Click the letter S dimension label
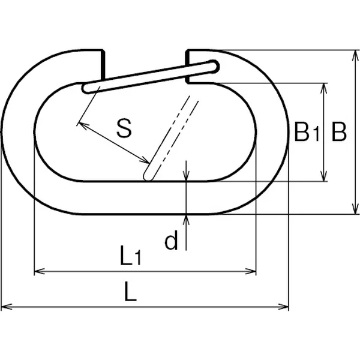point(124,128)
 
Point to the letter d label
point(171,240)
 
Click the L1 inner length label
point(130,256)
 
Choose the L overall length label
point(130,292)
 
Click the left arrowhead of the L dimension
point(6,307)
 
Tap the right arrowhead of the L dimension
point(283,307)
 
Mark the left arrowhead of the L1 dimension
point(40,271)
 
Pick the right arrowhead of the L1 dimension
point(251,271)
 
